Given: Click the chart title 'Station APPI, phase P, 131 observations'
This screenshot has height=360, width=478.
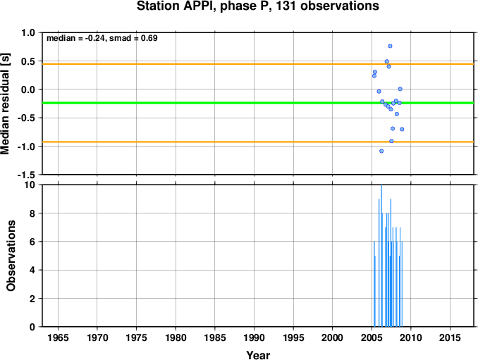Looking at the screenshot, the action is click(257, 6).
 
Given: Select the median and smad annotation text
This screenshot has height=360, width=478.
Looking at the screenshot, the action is click(102, 38).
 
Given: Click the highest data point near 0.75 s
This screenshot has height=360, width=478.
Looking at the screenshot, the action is click(390, 46).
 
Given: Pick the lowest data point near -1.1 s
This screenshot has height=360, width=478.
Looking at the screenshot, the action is click(381, 151).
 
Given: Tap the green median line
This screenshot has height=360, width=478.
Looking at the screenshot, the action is click(258, 103).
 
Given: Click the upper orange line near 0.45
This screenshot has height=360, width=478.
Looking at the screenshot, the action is click(258, 64).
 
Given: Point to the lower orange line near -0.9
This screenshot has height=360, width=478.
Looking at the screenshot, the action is click(258, 142).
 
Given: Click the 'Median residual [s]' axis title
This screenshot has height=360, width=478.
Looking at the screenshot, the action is click(5, 104).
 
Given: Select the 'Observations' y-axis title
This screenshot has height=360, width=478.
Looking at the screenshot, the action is click(11, 256).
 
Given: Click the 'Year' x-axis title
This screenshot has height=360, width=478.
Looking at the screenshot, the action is click(258, 355).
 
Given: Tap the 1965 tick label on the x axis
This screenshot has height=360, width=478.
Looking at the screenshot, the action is click(58, 337).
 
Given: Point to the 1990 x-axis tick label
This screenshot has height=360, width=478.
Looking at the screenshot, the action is click(255, 337).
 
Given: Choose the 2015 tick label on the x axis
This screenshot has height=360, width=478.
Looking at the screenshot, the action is click(451, 337).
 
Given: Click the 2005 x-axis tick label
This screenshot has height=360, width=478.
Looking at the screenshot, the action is click(372, 337).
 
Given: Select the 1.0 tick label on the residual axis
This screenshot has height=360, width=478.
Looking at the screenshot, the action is click(28, 32).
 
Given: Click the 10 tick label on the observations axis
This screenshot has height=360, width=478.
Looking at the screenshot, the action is click(30, 185).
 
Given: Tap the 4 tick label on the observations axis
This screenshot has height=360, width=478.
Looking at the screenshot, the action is click(32, 270).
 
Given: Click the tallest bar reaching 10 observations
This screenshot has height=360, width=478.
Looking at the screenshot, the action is click(381, 256).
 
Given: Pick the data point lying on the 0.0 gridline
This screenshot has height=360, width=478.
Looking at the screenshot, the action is click(400, 89).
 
